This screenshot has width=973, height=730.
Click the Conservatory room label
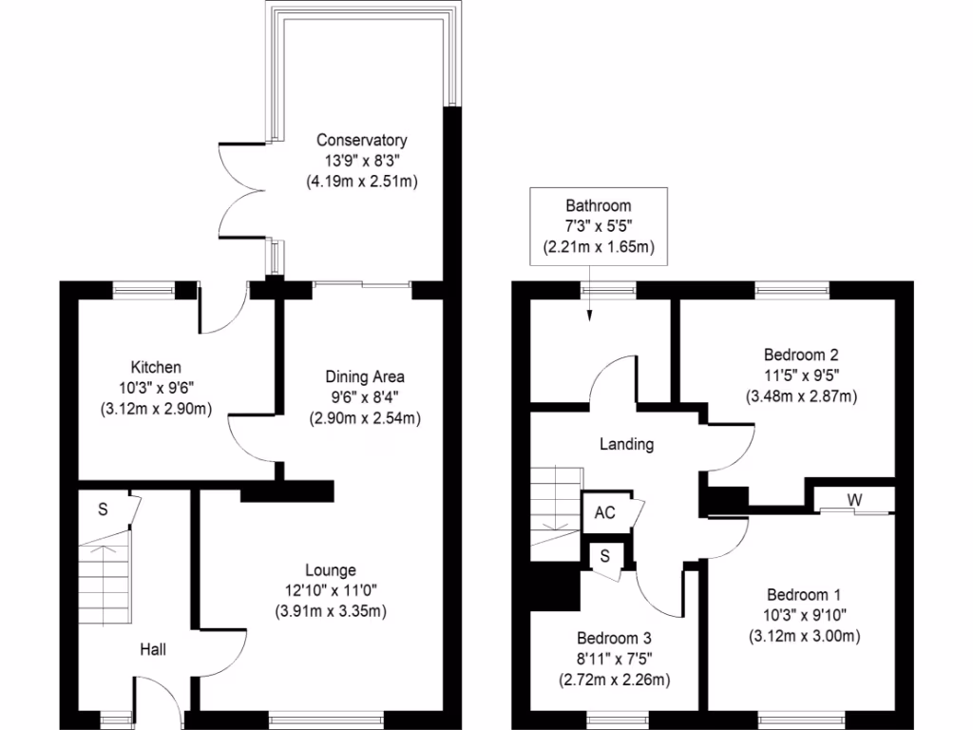(x=362, y=141)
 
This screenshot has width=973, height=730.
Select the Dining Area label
(x=365, y=377)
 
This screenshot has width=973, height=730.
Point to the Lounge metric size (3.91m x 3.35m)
(x=330, y=610)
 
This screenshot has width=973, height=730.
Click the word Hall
(x=153, y=650)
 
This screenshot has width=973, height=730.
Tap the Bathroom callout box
(x=598, y=226)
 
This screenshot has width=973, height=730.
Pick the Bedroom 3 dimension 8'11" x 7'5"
(x=614, y=658)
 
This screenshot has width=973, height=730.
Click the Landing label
(x=626, y=444)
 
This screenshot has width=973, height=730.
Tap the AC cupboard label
(x=604, y=513)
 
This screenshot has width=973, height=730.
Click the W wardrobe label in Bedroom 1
(x=855, y=499)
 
